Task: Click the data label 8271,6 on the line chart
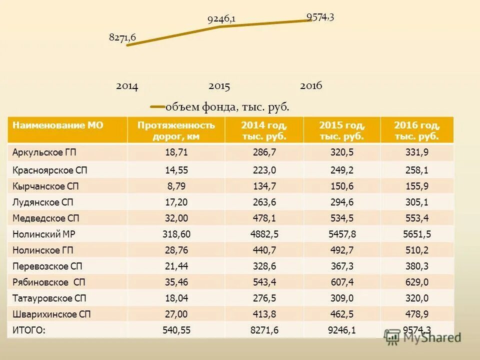[x=122, y=36]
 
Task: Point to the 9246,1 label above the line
[x=221, y=19]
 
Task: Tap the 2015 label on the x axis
[x=219, y=86]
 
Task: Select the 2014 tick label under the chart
[x=127, y=86]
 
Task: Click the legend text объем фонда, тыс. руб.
[x=227, y=106]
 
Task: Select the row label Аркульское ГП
[x=44, y=152]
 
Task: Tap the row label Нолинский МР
[x=44, y=234]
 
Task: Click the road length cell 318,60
[x=176, y=234]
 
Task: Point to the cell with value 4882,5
[x=264, y=234]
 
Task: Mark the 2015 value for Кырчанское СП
[x=341, y=186]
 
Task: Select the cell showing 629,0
[x=417, y=282]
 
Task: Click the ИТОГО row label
[x=29, y=329]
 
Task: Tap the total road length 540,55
[x=176, y=329]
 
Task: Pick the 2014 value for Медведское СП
[x=264, y=218]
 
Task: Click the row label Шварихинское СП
[x=51, y=314]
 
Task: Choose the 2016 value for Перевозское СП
[x=417, y=266]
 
